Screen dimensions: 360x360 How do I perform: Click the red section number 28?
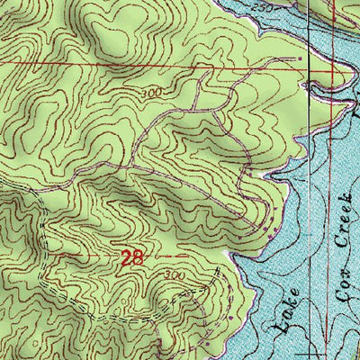pos(131,258)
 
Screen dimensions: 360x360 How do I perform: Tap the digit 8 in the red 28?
pos(137,258)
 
